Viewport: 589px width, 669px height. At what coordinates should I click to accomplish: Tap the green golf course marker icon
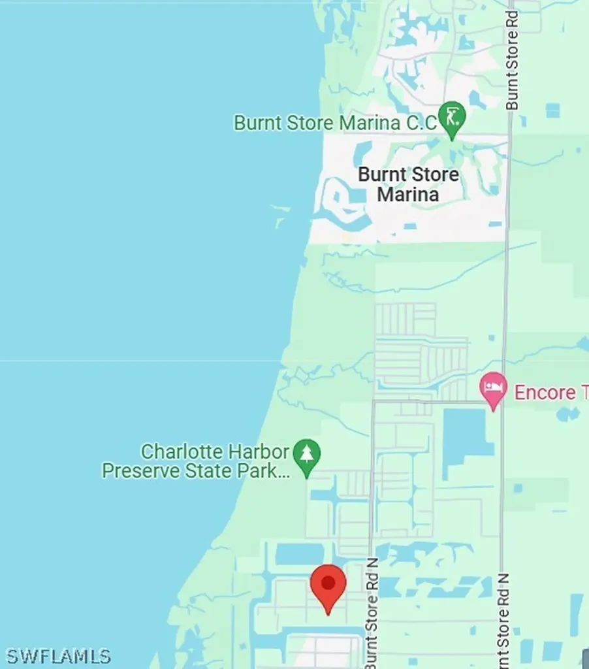[x=451, y=118]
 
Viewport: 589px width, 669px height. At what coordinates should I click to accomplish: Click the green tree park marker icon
[x=306, y=453]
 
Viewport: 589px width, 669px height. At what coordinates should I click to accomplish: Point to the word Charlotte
[x=178, y=451]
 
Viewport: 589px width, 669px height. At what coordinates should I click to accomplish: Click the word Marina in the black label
[x=408, y=195]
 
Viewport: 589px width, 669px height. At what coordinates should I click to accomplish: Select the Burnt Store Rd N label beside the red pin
[x=372, y=613]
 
